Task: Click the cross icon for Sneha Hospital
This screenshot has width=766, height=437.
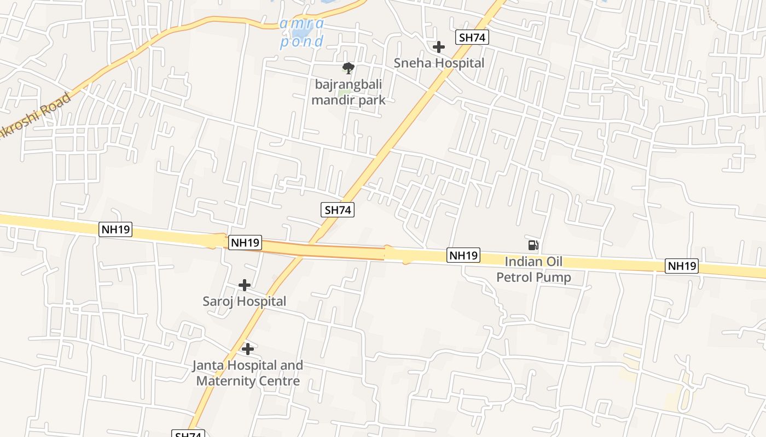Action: point(438,47)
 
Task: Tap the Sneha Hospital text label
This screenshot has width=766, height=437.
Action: point(439,63)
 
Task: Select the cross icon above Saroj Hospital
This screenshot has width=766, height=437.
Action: point(245,285)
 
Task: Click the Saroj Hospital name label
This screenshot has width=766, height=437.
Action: point(245,301)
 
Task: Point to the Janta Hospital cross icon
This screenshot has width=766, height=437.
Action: point(248,349)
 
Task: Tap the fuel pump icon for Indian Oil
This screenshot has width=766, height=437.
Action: point(533,245)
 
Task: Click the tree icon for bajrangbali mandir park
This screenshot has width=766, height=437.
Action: point(348,68)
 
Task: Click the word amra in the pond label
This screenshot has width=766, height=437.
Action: point(301,24)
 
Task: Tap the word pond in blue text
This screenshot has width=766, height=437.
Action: point(301,42)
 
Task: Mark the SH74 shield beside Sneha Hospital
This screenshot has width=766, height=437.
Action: point(472,37)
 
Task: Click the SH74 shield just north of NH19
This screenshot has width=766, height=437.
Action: point(338,210)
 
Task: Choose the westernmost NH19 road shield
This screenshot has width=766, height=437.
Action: point(115,229)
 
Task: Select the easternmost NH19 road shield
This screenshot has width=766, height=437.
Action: point(682,266)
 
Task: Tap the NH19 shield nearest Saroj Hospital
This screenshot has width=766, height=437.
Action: point(245,243)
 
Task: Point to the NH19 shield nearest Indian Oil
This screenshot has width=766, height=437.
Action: point(463,255)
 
